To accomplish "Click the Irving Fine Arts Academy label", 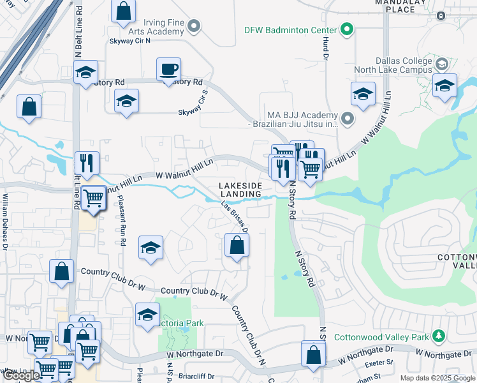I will [x=156, y=26].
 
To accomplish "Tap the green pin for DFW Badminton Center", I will [x=347, y=29].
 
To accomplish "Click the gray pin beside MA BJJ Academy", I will [x=347, y=118].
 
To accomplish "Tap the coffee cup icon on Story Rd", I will [x=168, y=70].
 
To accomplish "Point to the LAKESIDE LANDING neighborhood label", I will [x=240, y=189].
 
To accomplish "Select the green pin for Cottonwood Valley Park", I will [x=438, y=336].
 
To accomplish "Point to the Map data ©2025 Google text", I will [x=437, y=377].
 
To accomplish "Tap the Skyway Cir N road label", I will [x=129, y=40].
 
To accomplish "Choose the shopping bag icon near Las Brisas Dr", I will [x=237, y=245].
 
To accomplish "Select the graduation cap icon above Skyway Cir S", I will [x=126, y=101].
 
